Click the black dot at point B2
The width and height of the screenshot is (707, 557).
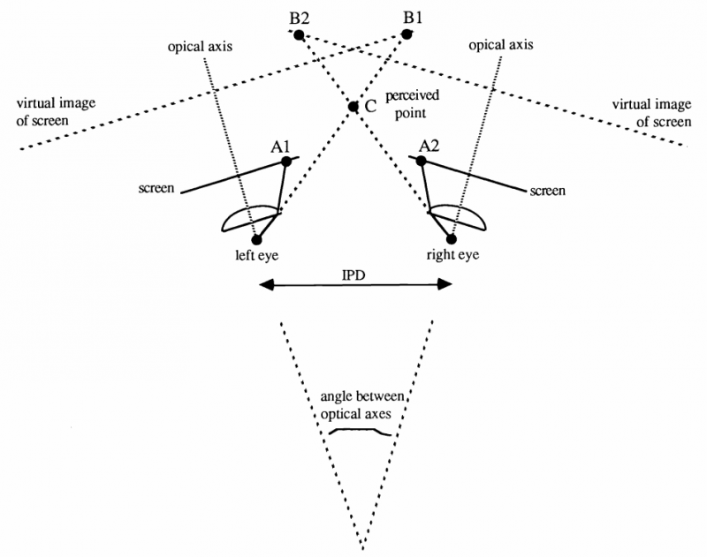click(299, 35)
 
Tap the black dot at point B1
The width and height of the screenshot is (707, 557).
click(407, 34)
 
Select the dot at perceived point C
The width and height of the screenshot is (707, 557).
click(353, 107)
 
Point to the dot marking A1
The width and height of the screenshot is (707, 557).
click(286, 162)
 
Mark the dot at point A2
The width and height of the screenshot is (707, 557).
click(421, 161)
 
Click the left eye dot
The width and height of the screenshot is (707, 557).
click(256, 239)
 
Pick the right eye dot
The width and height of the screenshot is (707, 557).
click(452, 238)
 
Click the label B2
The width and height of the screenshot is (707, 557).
click(300, 19)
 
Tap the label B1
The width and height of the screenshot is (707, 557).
click(413, 18)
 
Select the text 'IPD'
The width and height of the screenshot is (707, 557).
click(353, 275)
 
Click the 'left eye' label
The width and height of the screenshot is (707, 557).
click(256, 255)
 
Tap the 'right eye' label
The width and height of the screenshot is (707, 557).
click(452, 255)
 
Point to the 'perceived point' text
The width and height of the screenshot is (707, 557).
click(412, 104)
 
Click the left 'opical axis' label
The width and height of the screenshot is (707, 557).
click(200, 47)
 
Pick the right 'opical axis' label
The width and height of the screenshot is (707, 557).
click(501, 45)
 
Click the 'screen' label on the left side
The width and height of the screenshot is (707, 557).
click(156, 188)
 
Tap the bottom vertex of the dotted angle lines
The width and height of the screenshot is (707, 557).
click(362, 547)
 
